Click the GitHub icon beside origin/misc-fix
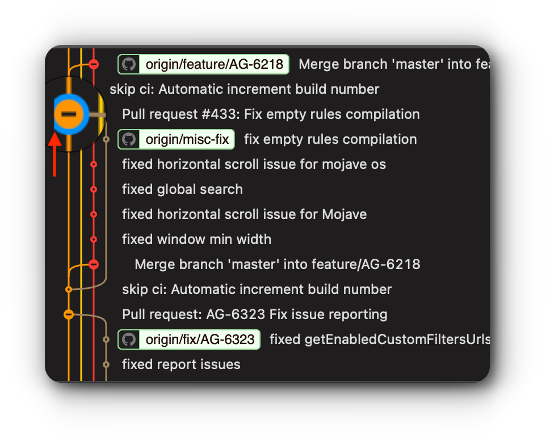(129, 139)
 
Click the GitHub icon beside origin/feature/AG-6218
(129, 64)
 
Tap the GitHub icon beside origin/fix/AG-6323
(129, 339)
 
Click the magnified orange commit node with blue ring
(69, 114)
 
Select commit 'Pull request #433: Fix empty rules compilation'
(271, 114)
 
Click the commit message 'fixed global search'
(182, 189)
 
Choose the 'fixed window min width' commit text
(196, 239)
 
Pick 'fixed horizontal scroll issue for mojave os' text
(254, 164)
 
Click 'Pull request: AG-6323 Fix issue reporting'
(254, 314)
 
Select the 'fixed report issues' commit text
(181, 365)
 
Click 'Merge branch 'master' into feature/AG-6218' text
(277, 264)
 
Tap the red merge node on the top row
(94, 64)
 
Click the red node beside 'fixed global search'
(94, 189)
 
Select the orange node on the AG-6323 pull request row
(69, 314)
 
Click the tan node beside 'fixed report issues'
(106, 365)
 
